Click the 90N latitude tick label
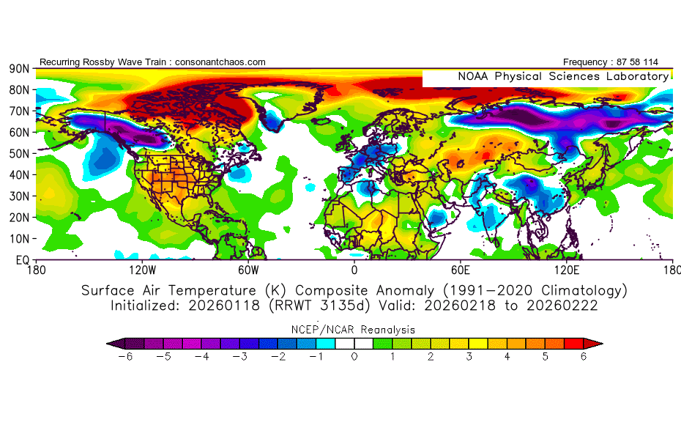coord(19,68)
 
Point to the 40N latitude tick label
coord(19,175)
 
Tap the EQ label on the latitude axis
coord(22,260)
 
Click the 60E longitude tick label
coord(461,270)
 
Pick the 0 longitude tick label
coord(354,270)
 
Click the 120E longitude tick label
coord(567,270)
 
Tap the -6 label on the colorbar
coord(124,356)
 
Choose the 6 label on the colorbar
coord(584,356)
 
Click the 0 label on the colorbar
coord(354,356)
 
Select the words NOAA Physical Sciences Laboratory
coord(563,76)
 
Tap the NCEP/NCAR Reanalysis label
coord(354,330)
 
